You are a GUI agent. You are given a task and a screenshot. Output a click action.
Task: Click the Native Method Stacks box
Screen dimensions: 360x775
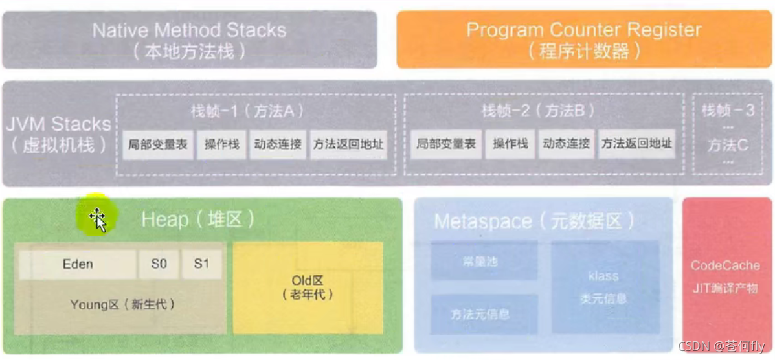(189, 39)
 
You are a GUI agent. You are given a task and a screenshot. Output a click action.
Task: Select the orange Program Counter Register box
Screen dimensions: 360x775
(583, 39)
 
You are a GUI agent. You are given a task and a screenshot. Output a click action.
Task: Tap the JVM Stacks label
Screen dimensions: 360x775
(58, 133)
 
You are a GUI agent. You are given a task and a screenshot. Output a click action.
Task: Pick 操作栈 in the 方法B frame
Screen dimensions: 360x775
(510, 144)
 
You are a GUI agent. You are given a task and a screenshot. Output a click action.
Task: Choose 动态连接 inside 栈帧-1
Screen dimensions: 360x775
(278, 144)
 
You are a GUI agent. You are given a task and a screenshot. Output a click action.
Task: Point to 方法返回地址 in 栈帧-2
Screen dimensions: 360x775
(636, 144)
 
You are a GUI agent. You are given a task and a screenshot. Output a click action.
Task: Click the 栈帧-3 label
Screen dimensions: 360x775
(728, 111)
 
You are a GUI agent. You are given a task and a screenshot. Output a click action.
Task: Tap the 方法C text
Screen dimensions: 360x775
(728, 145)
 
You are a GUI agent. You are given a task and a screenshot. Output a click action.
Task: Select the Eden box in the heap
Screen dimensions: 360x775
(78, 264)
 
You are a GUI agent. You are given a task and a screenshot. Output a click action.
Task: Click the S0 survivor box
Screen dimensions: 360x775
(159, 264)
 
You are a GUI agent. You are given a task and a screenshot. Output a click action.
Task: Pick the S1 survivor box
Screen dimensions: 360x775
(201, 264)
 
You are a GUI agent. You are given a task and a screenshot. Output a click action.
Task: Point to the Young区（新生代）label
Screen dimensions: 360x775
(122, 304)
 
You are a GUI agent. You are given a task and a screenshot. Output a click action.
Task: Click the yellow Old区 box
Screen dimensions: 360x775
(308, 287)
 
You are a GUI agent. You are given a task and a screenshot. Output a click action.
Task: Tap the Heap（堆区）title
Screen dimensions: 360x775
(197, 220)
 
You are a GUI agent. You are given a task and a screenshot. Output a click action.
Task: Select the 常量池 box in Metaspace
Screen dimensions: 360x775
(484, 262)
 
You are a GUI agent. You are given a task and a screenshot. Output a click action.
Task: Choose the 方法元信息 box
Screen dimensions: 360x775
(484, 314)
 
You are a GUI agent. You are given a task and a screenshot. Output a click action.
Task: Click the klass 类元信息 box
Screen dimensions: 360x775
(603, 287)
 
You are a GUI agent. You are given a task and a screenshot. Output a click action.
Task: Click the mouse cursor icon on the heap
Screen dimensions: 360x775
(98, 219)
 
